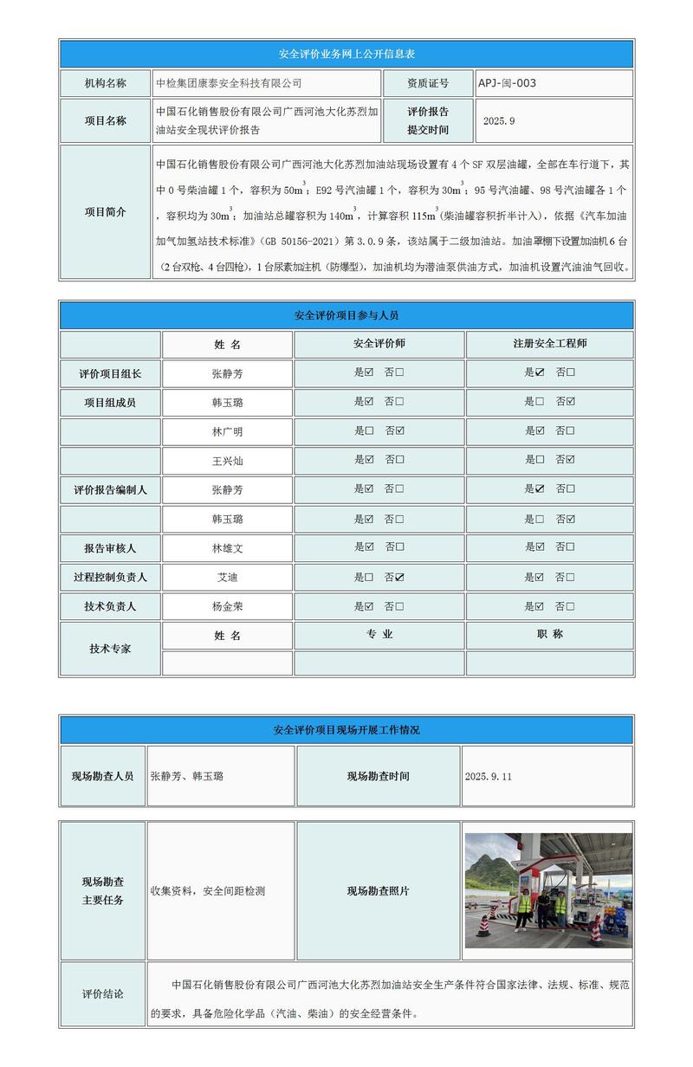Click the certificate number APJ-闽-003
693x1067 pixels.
[x=508, y=83]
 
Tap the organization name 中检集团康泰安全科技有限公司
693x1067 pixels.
[x=228, y=83]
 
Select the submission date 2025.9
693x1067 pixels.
[x=499, y=121]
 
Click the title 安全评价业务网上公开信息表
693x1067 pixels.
[x=346, y=54]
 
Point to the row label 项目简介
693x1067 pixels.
[x=105, y=212]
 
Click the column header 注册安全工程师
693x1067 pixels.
[x=549, y=344]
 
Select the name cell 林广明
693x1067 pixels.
[x=227, y=431]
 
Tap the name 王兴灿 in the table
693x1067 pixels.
[x=227, y=461]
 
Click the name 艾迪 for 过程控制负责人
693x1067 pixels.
[x=227, y=577]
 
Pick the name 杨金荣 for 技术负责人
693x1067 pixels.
[x=227, y=606]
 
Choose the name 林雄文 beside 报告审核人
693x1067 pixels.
[x=227, y=547]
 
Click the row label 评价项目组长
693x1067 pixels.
[x=110, y=374]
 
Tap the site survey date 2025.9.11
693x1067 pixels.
[x=489, y=776]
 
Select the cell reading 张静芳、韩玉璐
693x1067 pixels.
[x=187, y=776]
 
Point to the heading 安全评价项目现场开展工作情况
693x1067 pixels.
[x=346, y=730]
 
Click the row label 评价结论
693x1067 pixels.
[x=102, y=993]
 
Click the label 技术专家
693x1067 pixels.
[x=110, y=648]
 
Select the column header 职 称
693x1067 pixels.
[x=549, y=634]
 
